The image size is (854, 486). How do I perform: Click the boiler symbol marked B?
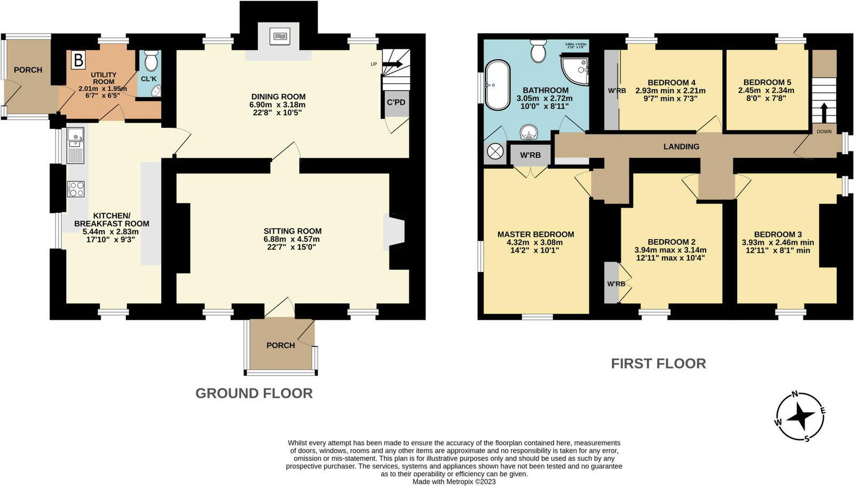[x=78, y=60]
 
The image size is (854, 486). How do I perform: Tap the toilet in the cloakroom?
[x=151, y=61]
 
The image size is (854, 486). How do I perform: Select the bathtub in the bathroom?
[x=497, y=85]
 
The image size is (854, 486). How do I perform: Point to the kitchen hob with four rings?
[x=76, y=189]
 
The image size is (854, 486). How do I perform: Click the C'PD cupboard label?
[x=396, y=102]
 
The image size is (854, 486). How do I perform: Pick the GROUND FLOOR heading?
[x=254, y=393]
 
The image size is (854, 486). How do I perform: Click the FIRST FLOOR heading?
[x=658, y=363]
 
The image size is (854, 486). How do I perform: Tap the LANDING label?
[x=681, y=146]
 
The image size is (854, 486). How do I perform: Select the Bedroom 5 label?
[x=767, y=82]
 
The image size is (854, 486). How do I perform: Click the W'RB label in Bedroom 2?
[x=615, y=284]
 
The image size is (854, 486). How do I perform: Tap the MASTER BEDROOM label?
[x=535, y=234]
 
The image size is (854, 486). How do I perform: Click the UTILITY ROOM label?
[x=103, y=78]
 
